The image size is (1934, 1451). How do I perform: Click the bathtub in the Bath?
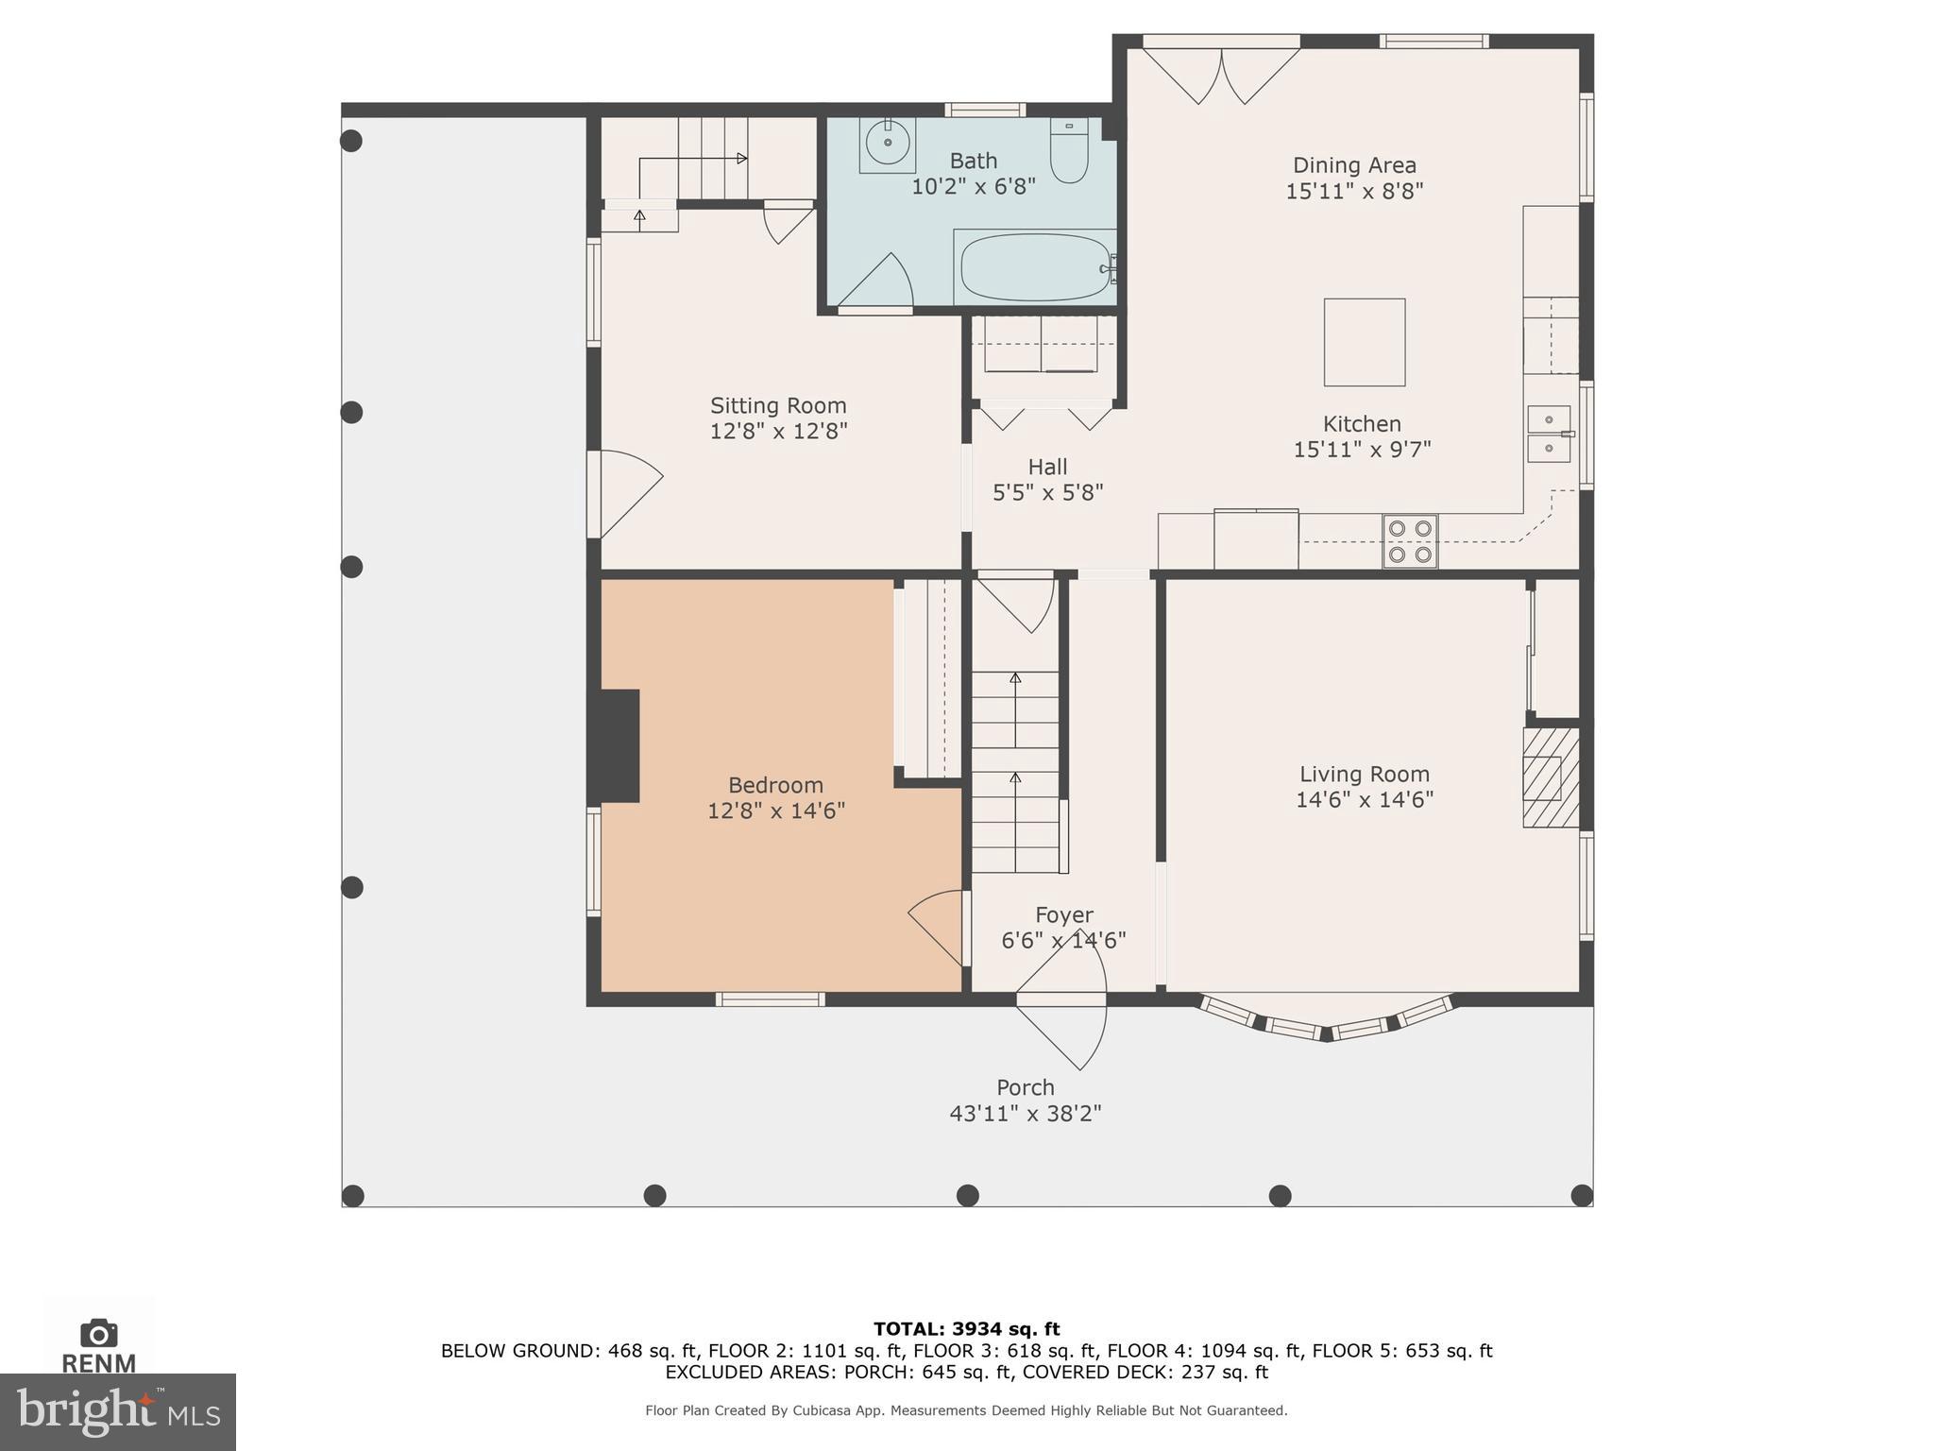(1035, 267)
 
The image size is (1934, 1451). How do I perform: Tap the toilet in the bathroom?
(1069, 150)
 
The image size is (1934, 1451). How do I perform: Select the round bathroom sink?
(888, 145)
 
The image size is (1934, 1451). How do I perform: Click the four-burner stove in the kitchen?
(1410, 541)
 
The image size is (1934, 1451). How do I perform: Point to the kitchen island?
(1364, 342)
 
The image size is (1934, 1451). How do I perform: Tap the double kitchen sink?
(1549, 434)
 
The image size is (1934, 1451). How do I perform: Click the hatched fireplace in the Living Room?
(1551, 777)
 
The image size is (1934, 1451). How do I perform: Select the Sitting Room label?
(778, 405)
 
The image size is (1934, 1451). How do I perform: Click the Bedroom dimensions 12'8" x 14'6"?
(776, 811)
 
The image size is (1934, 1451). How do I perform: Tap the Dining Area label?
(1354, 165)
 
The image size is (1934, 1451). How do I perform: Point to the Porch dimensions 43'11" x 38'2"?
(1026, 1113)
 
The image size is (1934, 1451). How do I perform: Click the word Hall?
(1047, 467)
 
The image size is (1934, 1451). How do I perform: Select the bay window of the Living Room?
(1326, 1017)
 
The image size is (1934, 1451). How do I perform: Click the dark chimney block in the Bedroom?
(615, 746)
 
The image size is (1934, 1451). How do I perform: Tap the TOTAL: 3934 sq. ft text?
(966, 1329)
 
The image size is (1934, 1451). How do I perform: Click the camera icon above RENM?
(99, 1333)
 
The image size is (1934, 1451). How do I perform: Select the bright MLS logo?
(118, 1411)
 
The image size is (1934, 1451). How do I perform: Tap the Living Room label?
(1365, 775)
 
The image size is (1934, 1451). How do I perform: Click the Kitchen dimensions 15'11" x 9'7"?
(1362, 449)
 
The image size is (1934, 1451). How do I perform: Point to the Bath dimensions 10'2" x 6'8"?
(974, 186)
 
